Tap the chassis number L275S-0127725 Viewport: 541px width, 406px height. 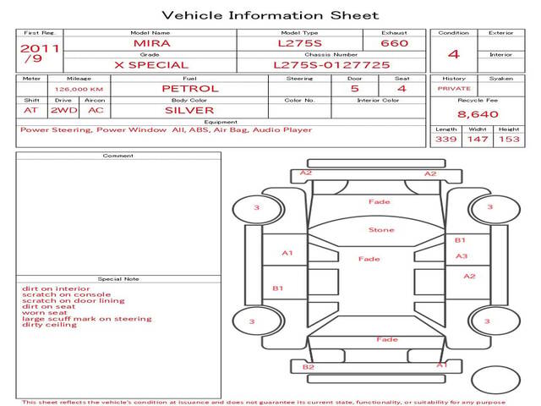[331, 64]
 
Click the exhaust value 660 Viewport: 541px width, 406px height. [394, 42]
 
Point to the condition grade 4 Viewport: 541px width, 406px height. [453, 53]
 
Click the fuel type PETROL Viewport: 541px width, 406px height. [189, 88]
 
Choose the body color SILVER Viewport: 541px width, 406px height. [189, 110]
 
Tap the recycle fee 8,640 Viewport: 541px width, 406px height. [473, 113]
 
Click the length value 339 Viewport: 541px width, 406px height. [445, 139]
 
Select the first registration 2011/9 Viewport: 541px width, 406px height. [39, 53]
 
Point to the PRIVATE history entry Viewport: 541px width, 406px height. [453, 88]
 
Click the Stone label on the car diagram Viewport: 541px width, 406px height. [381, 230]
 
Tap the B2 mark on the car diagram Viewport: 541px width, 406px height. [309, 366]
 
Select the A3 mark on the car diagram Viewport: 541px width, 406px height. [462, 255]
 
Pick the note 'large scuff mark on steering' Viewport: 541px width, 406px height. [87, 319]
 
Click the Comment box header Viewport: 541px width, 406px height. [118, 156]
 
